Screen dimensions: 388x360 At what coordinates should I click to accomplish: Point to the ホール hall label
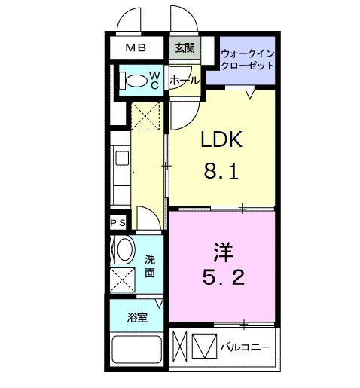pyautogui.click(x=185, y=80)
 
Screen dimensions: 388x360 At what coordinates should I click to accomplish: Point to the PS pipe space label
pyautogui.click(x=117, y=223)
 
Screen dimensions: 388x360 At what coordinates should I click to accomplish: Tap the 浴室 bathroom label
pyautogui.click(x=137, y=317)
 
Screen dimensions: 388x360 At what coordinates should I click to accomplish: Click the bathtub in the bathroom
pyautogui.click(x=137, y=351)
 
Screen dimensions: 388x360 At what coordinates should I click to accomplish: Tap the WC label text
pyautogui.click(x=153, y=79)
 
